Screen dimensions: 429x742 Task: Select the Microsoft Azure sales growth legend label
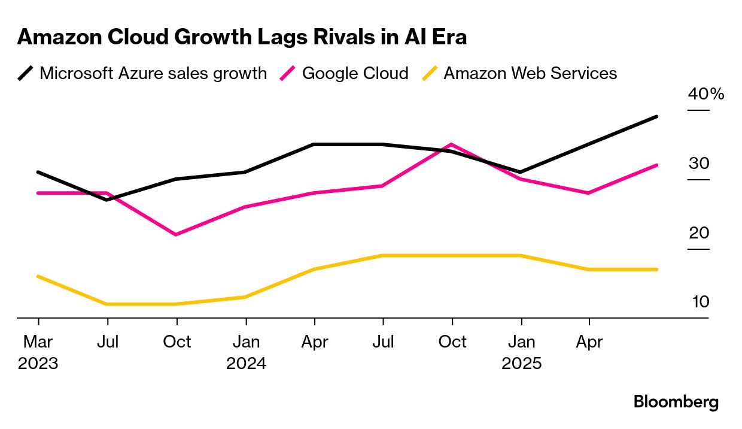coord(153,74)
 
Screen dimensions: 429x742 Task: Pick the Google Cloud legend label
coord(355,74)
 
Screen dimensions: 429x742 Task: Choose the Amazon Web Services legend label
coord(530,74)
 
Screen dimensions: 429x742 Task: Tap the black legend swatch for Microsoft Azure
coord(25,74)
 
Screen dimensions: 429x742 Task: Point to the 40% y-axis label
coord(706,94)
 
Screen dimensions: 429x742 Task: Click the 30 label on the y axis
coord(699,164)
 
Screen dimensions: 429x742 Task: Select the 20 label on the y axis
coord(699,233)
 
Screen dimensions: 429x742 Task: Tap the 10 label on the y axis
coord(700,302)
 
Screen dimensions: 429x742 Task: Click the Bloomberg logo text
coord(676,402)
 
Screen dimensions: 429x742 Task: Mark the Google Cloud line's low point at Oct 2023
coord(176,234)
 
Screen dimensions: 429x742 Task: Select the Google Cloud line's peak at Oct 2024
coord(452,144)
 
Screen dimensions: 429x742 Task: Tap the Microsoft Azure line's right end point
coord(657,117)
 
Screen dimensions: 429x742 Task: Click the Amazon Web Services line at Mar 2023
coord(38,276)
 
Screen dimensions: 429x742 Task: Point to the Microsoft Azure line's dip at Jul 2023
coord(107,200)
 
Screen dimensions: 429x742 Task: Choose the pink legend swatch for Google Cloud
coord(288,74)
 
